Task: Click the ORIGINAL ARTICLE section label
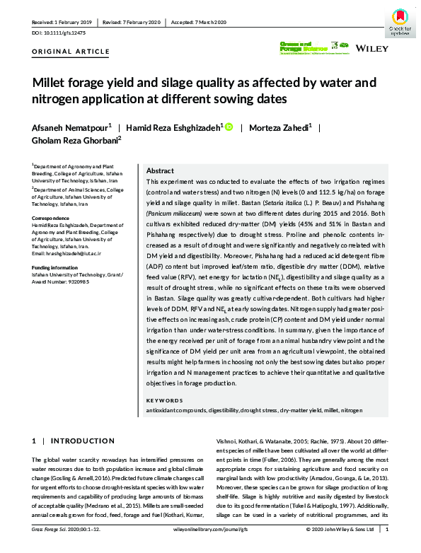point(71,51)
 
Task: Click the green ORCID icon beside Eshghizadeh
point(229,127)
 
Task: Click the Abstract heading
point(160,171)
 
